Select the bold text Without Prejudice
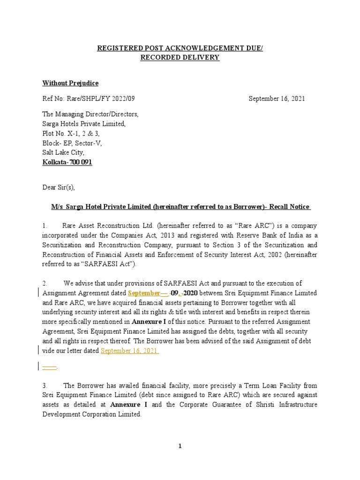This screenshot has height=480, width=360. point(70,83)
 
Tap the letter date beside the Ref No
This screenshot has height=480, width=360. point(277,99)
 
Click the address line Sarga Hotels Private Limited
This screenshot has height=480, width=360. point(84,124)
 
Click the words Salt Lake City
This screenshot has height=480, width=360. point(63,152)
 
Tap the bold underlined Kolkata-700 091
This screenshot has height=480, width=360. point(67,162)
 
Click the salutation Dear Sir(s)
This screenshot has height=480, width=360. point(59,187)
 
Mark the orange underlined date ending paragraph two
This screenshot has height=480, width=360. point(130,350)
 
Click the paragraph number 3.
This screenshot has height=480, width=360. point(45,385)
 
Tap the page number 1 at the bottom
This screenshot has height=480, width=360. point(180,446)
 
